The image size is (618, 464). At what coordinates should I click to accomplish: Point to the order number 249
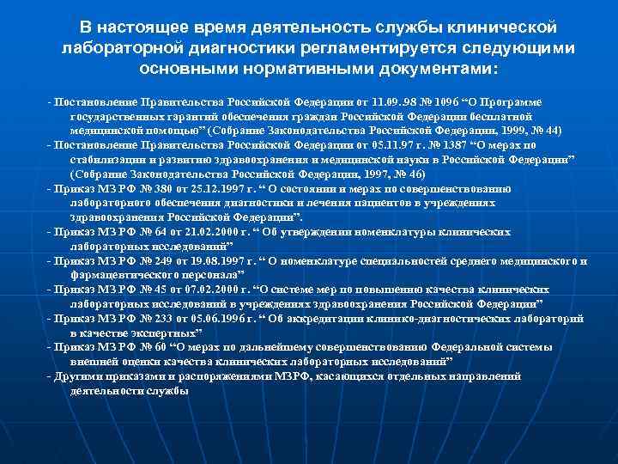tap(142, 260)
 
